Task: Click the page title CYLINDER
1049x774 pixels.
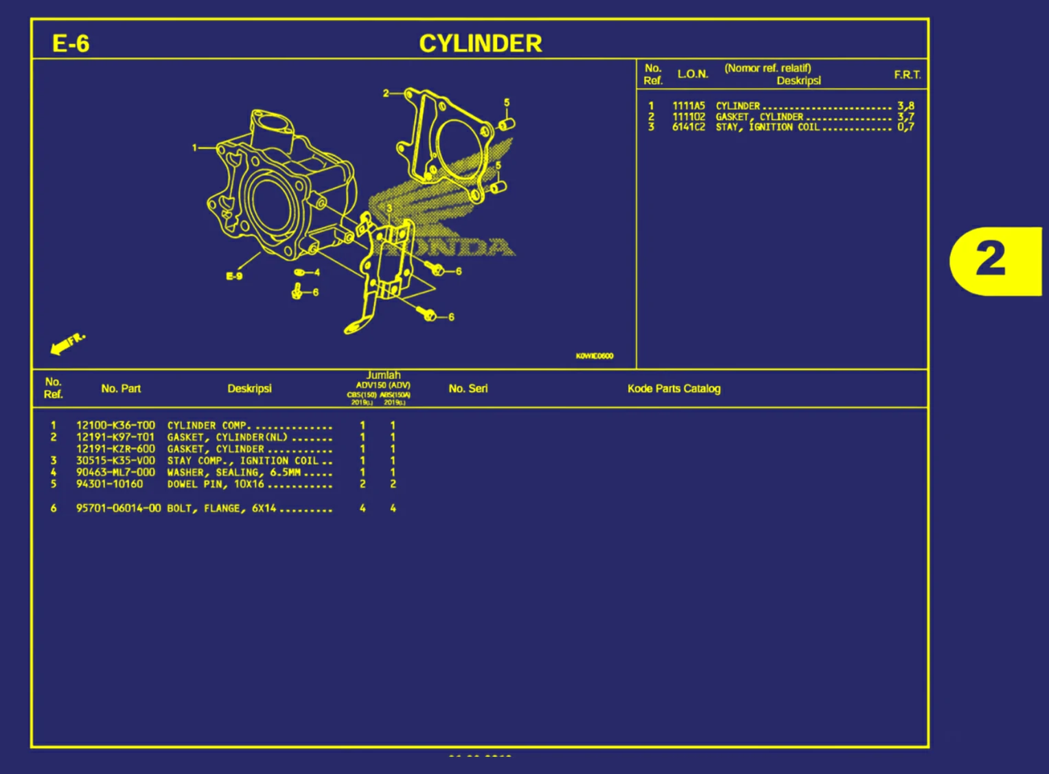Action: tap(480, 43)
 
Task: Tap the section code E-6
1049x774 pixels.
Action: tap(71, 44)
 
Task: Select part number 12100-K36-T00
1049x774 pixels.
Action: tap(115, 426)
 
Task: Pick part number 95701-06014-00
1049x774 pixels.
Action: tap(118, 508)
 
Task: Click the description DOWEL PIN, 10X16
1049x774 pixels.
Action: tap(216, 484)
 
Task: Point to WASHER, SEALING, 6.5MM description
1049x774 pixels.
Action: tap(234, 473)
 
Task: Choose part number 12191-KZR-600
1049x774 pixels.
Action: tap(115, 449)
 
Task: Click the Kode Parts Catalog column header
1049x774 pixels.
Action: tap(673, 389)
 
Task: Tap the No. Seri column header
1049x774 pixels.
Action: tap(468, 389)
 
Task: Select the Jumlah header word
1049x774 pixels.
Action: tap(383, 375)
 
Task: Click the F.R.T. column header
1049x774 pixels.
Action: tap(907, 75)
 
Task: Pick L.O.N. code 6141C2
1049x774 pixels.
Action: tap(689, 127)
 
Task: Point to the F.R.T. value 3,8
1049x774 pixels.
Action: tap(906, 106)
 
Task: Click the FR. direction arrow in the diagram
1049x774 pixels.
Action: tap(67, 343)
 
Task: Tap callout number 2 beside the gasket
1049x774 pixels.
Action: tap(386, 93)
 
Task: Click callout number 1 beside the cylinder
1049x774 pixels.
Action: tap(195, 148)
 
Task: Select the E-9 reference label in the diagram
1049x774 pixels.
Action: tap(234, 276)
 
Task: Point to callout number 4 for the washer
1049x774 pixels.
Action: tap(316, 273)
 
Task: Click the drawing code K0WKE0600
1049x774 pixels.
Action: tap(595, 356)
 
